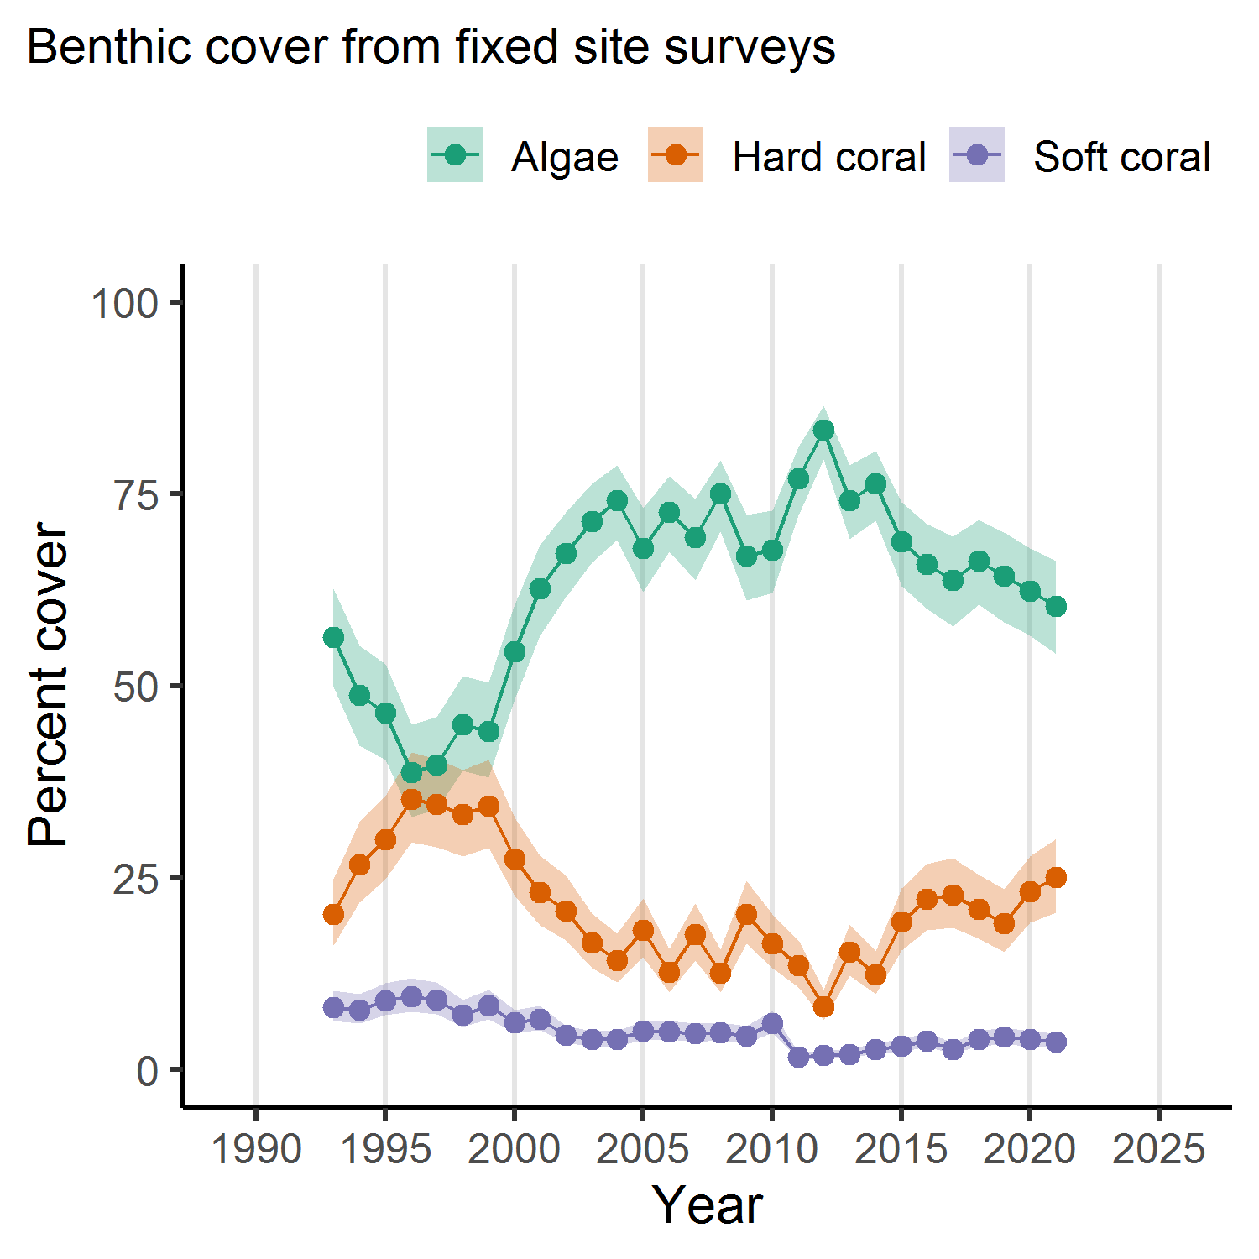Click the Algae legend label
(x=564, y=157)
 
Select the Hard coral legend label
(x=828, y=157)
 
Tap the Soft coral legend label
(x=1121, y=157)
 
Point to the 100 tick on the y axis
(x=125, y=303)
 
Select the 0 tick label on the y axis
(x=148, y=1071)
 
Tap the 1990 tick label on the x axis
(x=256, y=1149)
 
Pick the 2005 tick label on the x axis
(x=643, y=1149)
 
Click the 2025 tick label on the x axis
(x=1158, y=1149)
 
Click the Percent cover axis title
(x=48, y=686)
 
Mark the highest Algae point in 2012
(x=823, y=431)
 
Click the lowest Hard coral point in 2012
(x=823, y=1006)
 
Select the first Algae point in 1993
(x=333, y=638)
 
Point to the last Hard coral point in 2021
(x=1056, y=878)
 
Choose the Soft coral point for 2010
(x=772, y=1024)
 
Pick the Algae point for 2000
(x=515, y=652)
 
